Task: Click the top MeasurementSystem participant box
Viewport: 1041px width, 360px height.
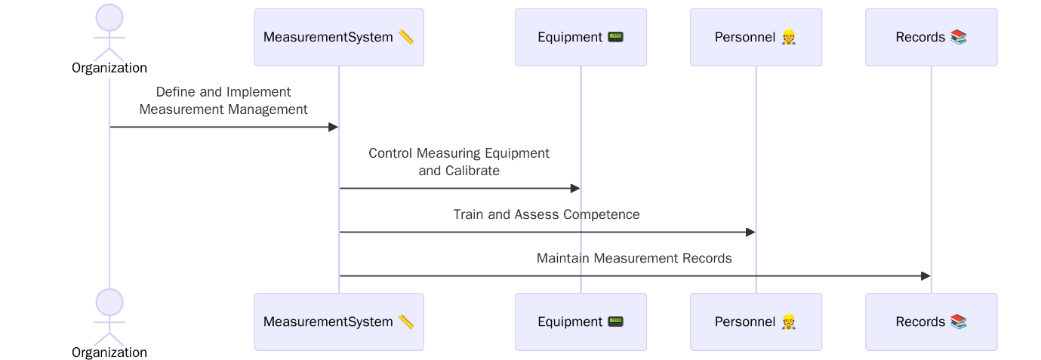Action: click(x=338, y=37)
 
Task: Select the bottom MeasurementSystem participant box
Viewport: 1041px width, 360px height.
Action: click(x=338, y=322)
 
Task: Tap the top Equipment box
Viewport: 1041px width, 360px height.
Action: click(x=581, y=37)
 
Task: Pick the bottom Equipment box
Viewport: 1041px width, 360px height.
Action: click(x=581, y=322)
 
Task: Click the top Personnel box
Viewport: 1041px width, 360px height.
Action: click(x=756, y=37)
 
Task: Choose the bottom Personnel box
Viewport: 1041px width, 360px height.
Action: click(x=756, y=322)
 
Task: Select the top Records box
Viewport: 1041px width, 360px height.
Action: click(x=931, y=37)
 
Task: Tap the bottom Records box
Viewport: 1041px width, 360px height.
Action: click(x=931, y=322)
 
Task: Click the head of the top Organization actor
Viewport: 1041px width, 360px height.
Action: click(x=109, y=17)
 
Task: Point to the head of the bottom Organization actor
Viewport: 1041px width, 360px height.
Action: click(x=109, y=302)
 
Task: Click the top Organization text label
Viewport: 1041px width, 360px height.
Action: click(x=109, y=68)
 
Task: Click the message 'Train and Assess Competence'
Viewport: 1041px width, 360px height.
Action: click(x=546, y=214)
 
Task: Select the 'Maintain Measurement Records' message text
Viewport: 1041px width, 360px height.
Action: click(x=634, y=258)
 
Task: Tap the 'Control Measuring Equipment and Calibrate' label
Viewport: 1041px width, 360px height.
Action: click(x=459, y=162)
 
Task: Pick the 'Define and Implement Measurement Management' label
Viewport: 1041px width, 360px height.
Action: click(x=223, y=100)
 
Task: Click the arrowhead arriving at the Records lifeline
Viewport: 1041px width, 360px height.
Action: click(x=926, y=276)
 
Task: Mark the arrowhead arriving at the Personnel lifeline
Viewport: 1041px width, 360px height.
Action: click(x=750, y=232)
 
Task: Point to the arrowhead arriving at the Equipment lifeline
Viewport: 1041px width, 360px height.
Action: click(x=575, y=189)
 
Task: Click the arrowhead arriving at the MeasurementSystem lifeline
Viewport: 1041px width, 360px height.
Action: click(x=333, y=127)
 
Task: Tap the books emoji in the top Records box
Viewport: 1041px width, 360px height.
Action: click(x=958, y=37)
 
